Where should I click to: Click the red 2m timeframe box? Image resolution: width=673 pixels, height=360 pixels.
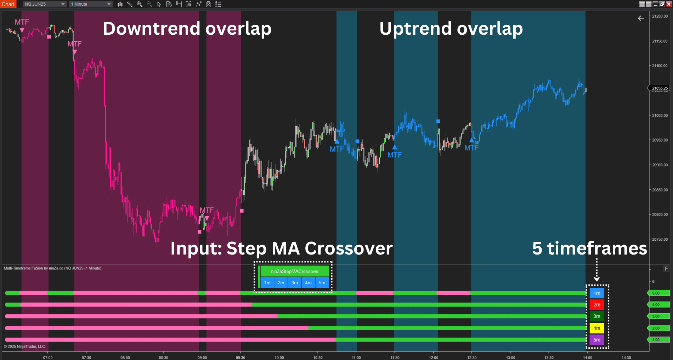tap(597, 305)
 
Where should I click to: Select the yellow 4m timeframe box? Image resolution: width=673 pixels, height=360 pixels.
tap(597, 328)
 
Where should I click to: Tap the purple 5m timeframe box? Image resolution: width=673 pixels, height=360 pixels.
tap(597, 340)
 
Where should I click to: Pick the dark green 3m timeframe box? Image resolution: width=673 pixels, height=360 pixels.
tap(597, 316)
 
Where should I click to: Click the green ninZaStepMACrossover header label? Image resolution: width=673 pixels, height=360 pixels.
tap(295, 272)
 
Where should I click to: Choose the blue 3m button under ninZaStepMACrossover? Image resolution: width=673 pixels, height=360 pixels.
tap(295, 282)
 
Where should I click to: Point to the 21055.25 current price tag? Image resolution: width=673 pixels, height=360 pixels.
tap(659, 88)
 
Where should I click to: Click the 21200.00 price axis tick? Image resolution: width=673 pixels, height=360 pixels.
tap(660, 16)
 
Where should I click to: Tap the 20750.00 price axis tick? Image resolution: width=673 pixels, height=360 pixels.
tap(660, 239)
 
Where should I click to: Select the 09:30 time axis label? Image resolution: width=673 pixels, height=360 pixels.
tap(241, 358)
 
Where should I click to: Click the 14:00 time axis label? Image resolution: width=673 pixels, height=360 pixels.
tap(588, 358)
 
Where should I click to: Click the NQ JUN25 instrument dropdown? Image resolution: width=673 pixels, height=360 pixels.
tap(45, 4)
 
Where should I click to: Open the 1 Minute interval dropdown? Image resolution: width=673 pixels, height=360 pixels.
tap(91, 4)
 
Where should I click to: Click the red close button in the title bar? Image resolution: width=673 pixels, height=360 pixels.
tap(669, 4)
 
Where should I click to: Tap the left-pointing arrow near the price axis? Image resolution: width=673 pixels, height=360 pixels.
tap(641, 18)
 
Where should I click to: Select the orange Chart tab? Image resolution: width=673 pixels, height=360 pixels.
tap(8, 4)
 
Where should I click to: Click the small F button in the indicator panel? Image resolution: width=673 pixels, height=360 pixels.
tap(666, 269)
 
